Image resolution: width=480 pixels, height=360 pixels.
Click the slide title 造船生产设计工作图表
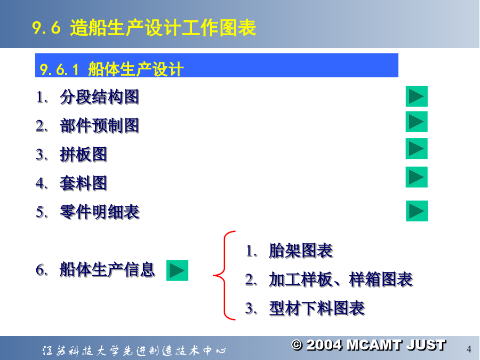click(x=163, y=28)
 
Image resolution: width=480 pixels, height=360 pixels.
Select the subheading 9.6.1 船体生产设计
click(x=112, y=69)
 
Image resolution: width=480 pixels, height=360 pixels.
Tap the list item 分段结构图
click(x=100, y=97)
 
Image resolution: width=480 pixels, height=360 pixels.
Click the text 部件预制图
click(x=100, y=125)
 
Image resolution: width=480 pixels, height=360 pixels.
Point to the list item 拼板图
click(x=84, y=154)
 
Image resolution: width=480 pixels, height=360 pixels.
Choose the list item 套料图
click(x=84, y=183)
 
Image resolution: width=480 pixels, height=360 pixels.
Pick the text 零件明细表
click(x=100, y=212)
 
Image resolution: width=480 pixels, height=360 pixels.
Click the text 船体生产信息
click(x=107, y=270)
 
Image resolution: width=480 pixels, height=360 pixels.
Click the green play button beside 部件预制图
click(x=417, y=122)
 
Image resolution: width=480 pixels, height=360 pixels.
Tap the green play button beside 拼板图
click(x=417, y=149)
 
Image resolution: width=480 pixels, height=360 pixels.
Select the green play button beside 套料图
click(x=417, y=177)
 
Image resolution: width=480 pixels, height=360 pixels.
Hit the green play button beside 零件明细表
click(x=417, y=211)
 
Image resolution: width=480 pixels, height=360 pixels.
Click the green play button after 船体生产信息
click(x=177, y=270)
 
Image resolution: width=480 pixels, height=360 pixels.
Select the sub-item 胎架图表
click(x=301, y=251)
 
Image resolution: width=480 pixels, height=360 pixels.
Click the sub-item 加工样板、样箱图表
click(x=341, y=279)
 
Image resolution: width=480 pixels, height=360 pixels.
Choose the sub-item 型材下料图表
click(x=317, y=308)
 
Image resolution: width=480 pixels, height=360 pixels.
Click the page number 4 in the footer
click(x=469, y=349)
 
